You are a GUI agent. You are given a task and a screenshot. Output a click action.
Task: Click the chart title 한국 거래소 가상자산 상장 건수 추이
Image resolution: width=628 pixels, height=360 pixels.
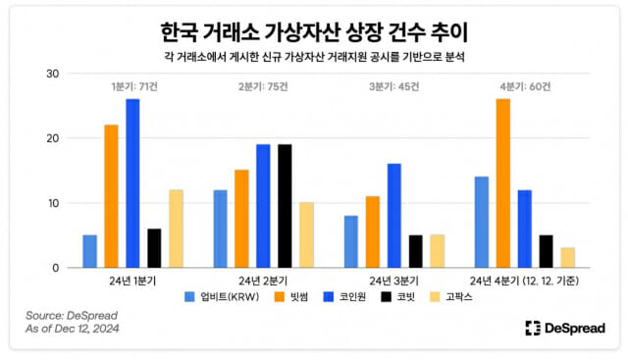(313, 26)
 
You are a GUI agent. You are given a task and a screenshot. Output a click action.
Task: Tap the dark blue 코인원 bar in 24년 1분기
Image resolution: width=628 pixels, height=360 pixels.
(132, 183)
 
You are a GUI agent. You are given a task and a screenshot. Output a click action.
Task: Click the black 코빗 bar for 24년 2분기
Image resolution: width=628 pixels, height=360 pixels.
(285, 206)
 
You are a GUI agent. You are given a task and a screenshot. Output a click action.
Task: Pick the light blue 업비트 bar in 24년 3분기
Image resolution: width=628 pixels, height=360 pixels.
(350, 241)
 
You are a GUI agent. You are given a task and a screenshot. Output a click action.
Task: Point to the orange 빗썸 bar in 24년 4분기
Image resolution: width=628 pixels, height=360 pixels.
(502, 183)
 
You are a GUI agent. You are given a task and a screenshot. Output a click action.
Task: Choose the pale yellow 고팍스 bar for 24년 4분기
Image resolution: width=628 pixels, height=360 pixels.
(567, 258)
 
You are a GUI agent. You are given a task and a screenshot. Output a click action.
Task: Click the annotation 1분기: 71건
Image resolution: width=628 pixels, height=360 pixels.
(134, 86)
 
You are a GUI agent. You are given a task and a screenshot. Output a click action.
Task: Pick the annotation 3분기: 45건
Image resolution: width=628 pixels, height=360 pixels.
(394, 86)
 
